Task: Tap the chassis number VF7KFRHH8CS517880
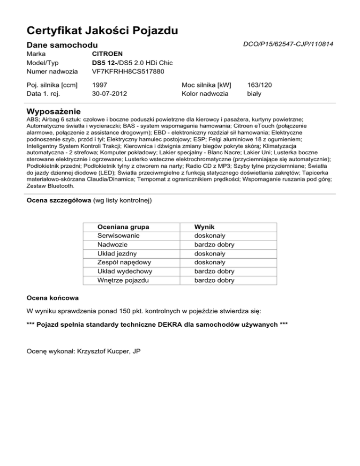point(128,72)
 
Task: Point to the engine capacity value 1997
point(101,85)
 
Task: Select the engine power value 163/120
point(259,85)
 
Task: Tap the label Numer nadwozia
point(51,72)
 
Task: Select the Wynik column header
point(205,227)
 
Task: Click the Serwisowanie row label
point(119,236)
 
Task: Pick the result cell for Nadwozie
point(214,245)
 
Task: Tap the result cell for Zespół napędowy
point(210,263)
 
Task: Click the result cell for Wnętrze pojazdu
point(214,280)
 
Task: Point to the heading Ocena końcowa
point(52,298)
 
